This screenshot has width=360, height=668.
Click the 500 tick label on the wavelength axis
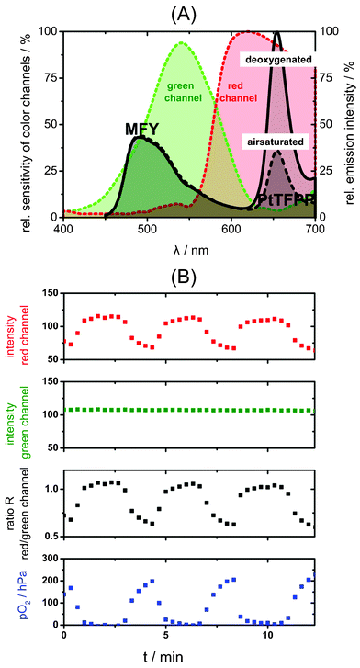pyautogui.click(x=147, y=227)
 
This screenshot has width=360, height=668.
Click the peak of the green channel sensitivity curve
pyautogui.click(x=182, y=42)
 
